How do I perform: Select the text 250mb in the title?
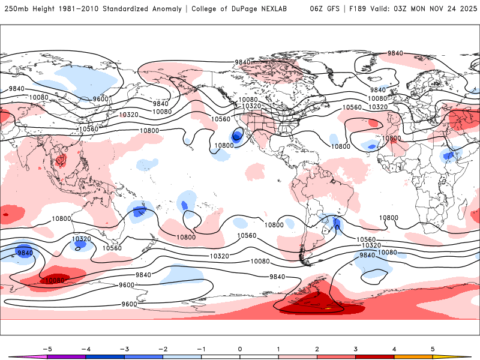tap(17, 9)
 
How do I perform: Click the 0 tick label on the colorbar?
tap(240, 348)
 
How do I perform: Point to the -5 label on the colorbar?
tap(46, 348)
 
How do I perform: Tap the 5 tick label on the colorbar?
tap(433, 348)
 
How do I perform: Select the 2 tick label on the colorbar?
tap(317, 348)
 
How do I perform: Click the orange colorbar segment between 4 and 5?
tap(413, 357)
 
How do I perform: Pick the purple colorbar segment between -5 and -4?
tap(66, 357)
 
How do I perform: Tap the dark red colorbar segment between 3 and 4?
tap(374, 357)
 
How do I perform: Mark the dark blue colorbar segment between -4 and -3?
tap(104, 357)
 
